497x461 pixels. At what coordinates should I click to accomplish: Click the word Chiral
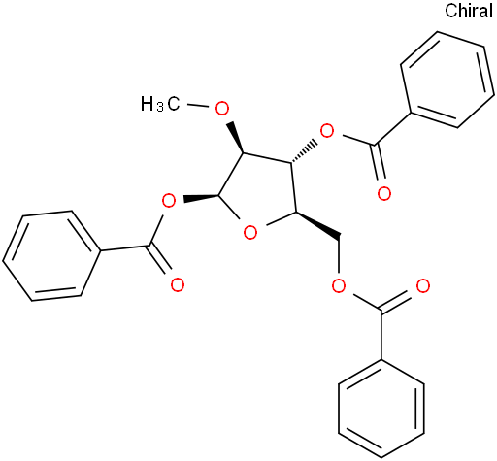[469, 11]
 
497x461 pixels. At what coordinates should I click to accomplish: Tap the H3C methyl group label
[160, 104]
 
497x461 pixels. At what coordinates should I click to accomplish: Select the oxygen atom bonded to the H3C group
[222, 109]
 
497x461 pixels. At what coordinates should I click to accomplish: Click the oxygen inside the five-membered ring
[250, 233]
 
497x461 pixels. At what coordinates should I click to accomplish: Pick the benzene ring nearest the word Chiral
[447, 80]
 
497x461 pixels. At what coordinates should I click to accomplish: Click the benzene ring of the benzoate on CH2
[381, 409]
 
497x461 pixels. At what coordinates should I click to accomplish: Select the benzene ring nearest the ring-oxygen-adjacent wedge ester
[50, 256]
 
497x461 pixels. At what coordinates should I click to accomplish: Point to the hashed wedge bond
[303, 151]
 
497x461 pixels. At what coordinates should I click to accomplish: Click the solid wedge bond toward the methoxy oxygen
[237, 138]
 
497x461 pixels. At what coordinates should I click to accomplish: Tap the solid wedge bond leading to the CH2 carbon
[317, 226]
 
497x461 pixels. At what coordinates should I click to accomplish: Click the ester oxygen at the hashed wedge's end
[326, 131]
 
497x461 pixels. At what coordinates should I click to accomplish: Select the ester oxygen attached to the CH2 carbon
[339, 285]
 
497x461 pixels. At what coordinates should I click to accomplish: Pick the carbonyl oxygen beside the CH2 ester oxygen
[423, 286]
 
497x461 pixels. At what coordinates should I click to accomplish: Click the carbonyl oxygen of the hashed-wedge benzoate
[384, 194]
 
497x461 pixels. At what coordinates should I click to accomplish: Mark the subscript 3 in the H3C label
[160, 108]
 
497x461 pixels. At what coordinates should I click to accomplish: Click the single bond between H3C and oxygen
[198, 106]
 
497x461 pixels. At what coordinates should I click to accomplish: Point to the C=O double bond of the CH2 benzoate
[398, 302]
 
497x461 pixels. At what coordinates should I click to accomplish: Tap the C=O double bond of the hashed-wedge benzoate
[378, 162]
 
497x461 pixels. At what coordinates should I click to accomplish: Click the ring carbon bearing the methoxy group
[244, 152]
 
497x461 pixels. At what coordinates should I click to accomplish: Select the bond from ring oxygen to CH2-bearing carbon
[279, 219]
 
